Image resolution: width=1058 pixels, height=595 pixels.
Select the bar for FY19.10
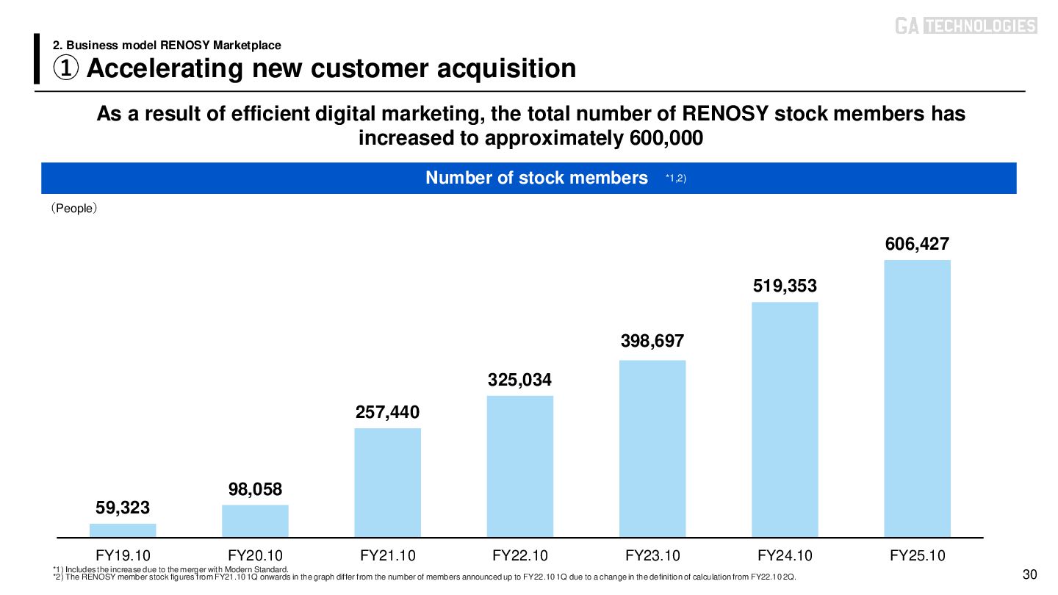click(x=123, y=530)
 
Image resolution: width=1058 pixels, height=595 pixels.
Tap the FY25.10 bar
click(x=917, y=398)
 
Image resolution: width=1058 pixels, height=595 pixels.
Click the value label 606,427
click(x=917, y=244)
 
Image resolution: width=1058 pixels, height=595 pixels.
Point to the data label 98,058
click(x=255, y=489)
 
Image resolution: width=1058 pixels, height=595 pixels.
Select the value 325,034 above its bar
click(x=520, y=381)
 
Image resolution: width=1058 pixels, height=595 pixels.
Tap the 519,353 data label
click(x=785, y=286)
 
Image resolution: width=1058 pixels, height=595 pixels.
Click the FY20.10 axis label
click(x=255, y=555)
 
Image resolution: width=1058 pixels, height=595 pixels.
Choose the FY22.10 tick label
click(x=520, y=555)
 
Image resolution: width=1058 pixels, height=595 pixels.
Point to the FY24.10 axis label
click(x=785, y=555)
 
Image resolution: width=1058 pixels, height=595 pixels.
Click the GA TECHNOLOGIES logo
click(x=965, y=26)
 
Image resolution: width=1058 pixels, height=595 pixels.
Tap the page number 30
click(x=1029, y=574)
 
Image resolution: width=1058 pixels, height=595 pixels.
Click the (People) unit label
click(x=73, y=209)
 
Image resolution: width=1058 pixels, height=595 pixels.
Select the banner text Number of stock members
click(x=536, y=178)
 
